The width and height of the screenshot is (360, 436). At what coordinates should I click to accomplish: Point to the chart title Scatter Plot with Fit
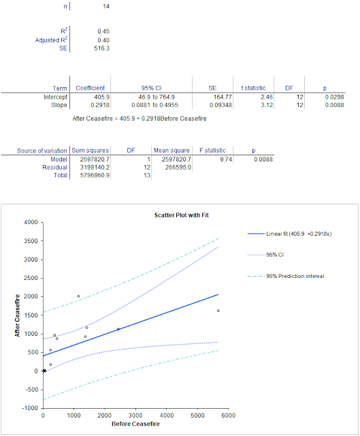(x=186, y=215)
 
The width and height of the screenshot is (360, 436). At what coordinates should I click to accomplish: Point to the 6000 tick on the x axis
(x=228, y=415)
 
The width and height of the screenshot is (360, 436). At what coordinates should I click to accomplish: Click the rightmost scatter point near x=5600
(x=218, y=311)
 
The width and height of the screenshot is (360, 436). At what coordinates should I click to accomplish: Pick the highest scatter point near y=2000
(x=78, y=296)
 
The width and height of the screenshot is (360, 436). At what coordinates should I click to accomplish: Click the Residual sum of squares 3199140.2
(x=91, y=167)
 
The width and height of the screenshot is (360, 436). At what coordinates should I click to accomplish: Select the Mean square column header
(x=170, y=150)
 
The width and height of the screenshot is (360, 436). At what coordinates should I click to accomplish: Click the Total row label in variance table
(x=59, y=175)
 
